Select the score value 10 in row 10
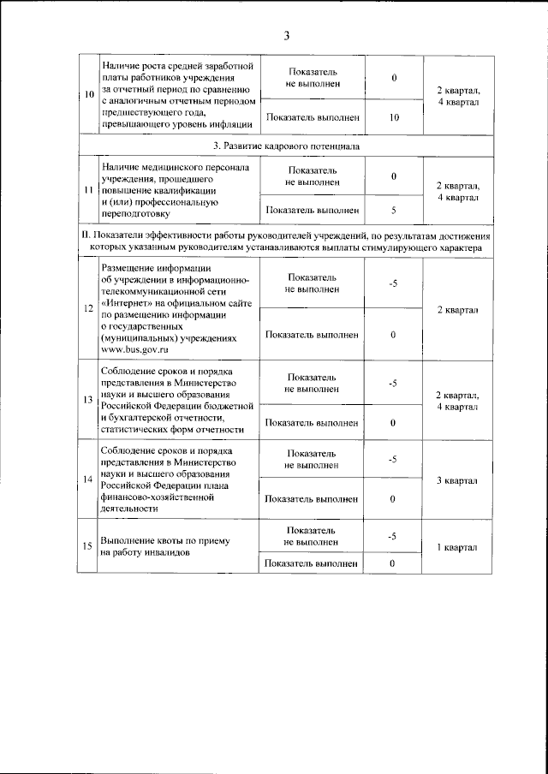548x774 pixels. tap(393, 117)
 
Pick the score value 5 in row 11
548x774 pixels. tap(393, 209)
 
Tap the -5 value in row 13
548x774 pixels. tap(393, 383)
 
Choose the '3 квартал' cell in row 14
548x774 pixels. tap(456, 480)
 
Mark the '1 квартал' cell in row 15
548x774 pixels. tap(456, 547)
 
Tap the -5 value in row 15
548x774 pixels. tap(393, 537)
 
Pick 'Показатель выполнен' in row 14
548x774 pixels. tap(312, 498)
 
